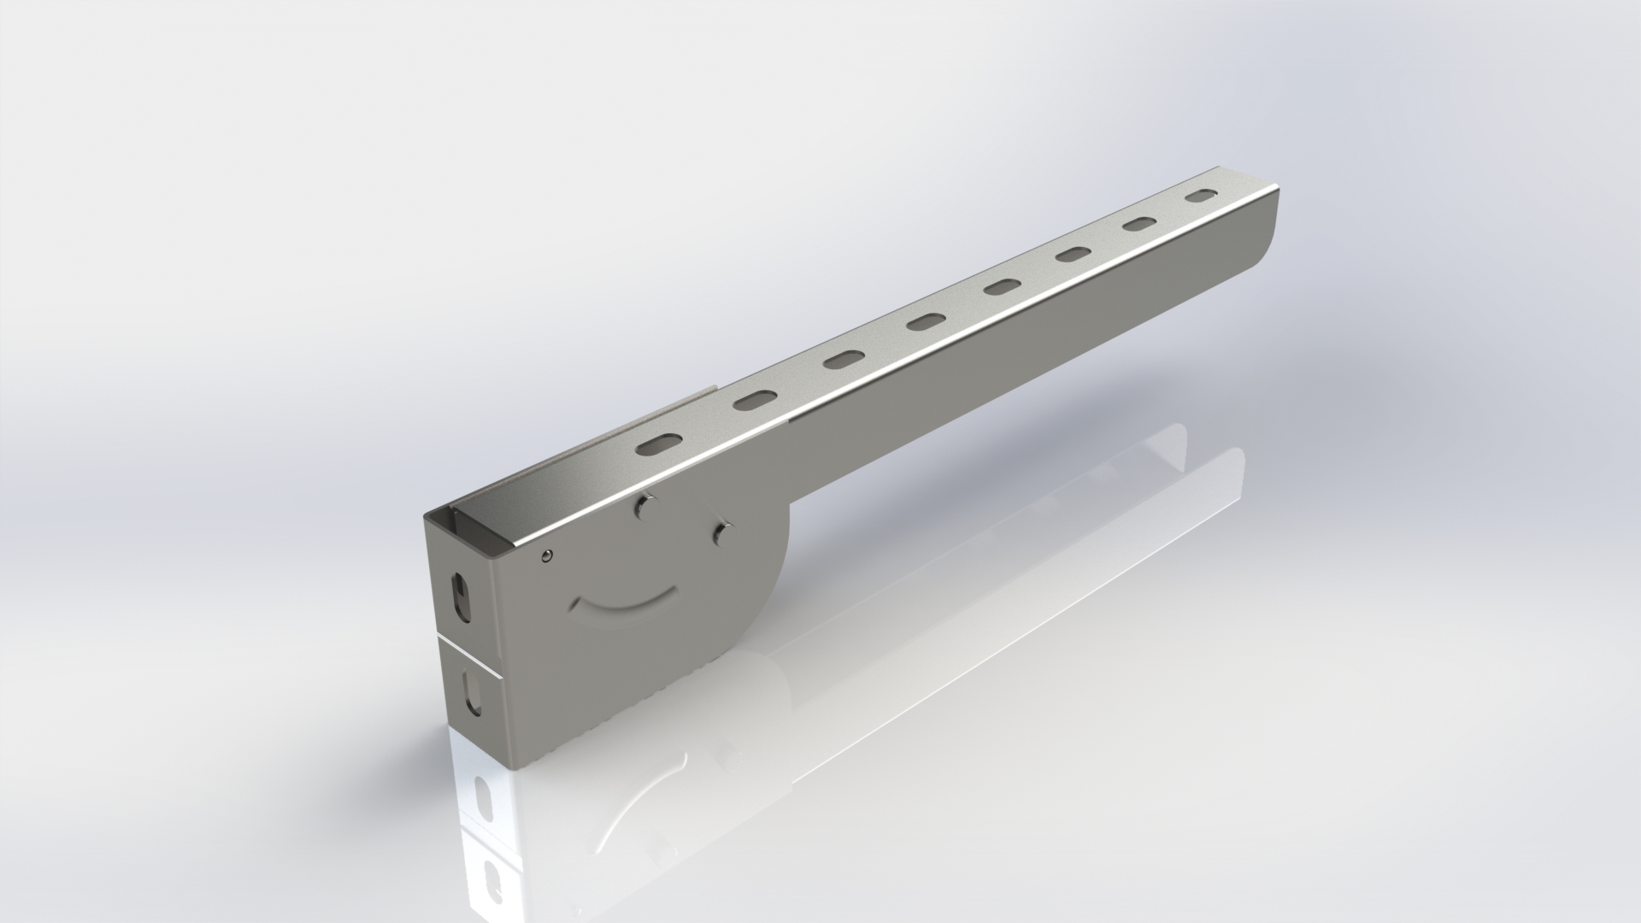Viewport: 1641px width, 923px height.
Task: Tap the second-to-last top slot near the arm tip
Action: (x=1140, y=224)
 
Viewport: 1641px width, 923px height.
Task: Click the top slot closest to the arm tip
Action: (x=1202, y=196)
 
